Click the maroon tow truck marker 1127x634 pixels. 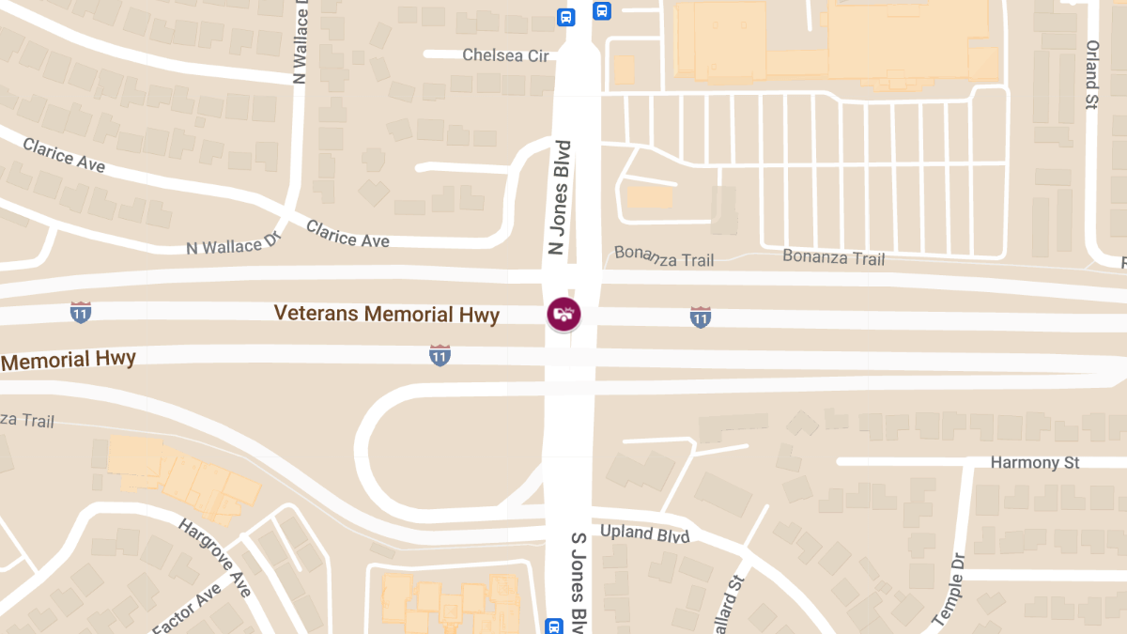point(563,314)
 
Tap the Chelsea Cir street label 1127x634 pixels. point(505,55)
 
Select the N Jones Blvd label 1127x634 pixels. point(560,197)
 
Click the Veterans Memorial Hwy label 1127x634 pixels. point(386,314)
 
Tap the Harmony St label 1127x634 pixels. point(1035,462)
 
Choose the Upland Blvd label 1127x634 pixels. point(644,533)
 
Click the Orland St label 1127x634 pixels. point(1091,75)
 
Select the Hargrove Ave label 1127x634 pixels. point(215,557)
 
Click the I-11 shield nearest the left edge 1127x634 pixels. point(81,313)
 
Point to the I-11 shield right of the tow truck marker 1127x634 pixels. point(700,317)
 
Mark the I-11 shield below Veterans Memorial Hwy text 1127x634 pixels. point(440,355)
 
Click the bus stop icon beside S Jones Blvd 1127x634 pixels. point(554,626)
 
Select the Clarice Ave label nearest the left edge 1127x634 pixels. point(64,155)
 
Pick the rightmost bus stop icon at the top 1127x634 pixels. point(601,11)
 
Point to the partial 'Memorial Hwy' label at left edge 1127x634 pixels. point(68,360)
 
